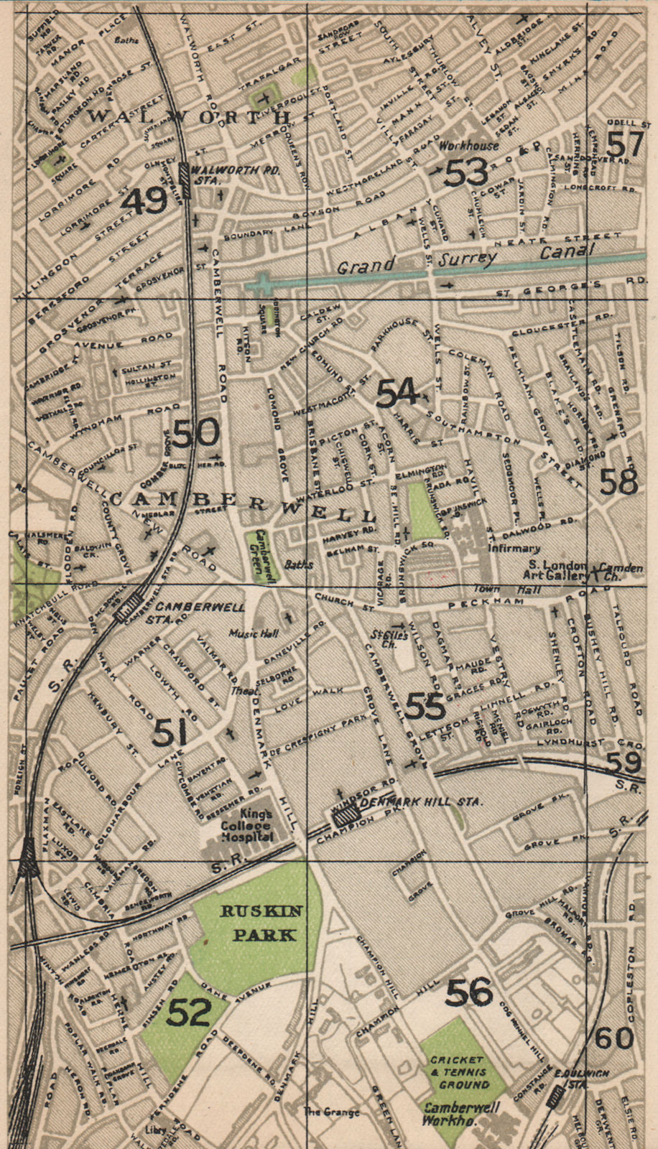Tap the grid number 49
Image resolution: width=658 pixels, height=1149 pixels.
(144, 203)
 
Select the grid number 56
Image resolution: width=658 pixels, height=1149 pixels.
(469, 992)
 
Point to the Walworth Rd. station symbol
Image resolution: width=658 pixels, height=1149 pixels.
(185, 180)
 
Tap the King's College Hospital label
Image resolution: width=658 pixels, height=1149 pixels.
(248, 826)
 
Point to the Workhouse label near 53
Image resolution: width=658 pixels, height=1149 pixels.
(468, 146)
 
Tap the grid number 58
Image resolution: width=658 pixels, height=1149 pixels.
(618, 482)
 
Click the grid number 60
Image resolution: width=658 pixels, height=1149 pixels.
(614, 1038)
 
